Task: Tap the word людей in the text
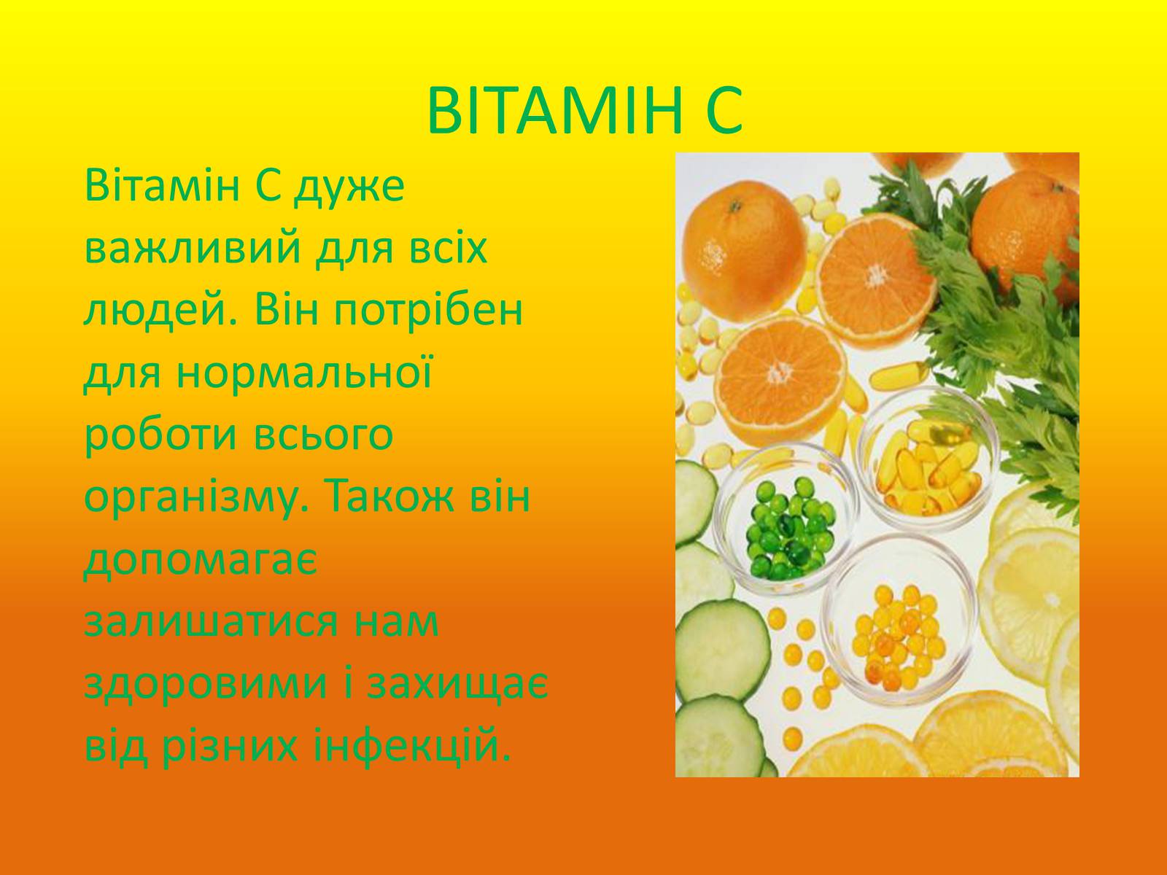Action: pos(158,311)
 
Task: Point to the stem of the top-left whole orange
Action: pos(734,206)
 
